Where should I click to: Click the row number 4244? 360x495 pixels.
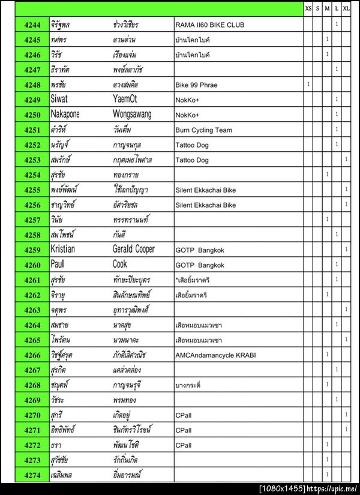click(x=32, y=25)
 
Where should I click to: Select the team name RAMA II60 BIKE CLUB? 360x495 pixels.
click(x=209, y=25)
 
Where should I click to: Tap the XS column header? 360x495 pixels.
click(x=308, y=8)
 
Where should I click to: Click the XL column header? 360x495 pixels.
click(x=346, y=8)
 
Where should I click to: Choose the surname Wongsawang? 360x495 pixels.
click(x=132, y=115)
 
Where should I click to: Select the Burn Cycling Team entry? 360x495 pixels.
click(x=203, y=130)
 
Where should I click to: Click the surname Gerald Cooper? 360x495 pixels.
click(x=133, y=250)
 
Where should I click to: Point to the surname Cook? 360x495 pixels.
click(x=120, y=265)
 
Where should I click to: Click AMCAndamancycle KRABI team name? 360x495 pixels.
click(x=215, y=355)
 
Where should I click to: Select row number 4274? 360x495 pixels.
click(x=32, y=476)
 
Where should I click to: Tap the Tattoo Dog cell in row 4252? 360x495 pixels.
click(x=191, y=145)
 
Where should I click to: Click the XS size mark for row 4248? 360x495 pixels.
click(x=308, y=85)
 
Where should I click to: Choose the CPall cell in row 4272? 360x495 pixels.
click(x=184, y=445)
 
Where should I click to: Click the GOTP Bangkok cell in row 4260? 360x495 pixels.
click(x=199, y=265)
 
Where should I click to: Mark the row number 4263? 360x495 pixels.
click(x=32, y=310)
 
